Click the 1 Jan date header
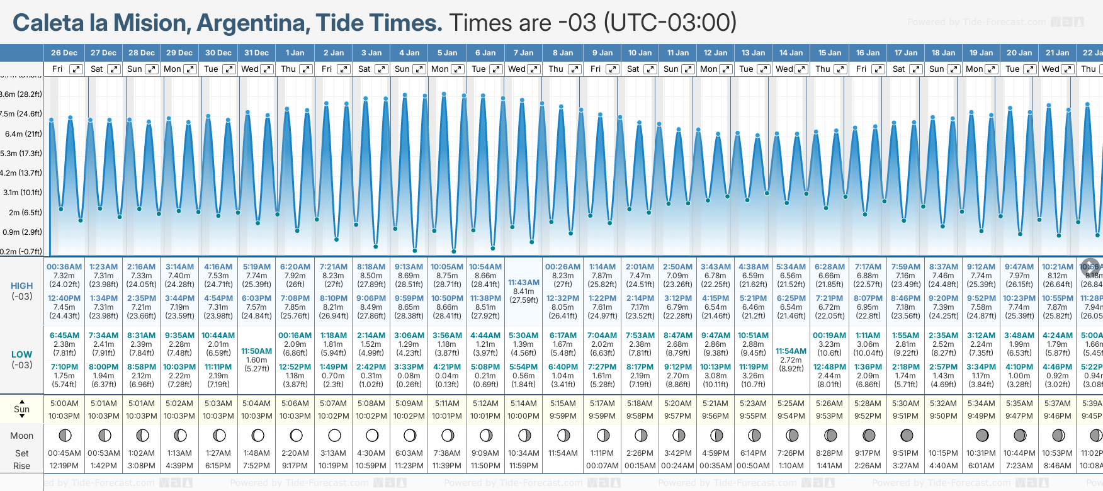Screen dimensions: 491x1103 click(295, 53)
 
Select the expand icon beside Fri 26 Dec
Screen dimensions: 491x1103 click(76, 69)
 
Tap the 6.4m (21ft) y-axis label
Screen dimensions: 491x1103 click(23, 133)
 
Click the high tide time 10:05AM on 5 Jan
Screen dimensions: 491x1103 click(447, 267)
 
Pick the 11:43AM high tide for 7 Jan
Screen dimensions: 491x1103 click(524, 283)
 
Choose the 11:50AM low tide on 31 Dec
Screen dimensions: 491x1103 click(256, 351)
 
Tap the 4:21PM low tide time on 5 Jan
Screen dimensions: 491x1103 click(447, 367)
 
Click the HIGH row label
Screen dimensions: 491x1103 click(22, 286)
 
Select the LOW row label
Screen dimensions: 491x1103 click(22, 354)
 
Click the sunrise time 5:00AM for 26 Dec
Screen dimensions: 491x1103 click(64, 404)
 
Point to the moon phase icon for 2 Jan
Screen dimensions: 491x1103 click(334, 436)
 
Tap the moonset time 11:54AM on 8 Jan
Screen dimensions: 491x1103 click(563, 453)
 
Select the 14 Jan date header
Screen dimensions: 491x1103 click(791, 53)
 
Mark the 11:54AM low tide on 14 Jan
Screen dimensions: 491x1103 click(791, 351)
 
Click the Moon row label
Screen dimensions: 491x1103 click(22, 436)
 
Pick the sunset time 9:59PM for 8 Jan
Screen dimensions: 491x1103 click(563, 416)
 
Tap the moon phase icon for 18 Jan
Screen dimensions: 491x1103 click(944, 436)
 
